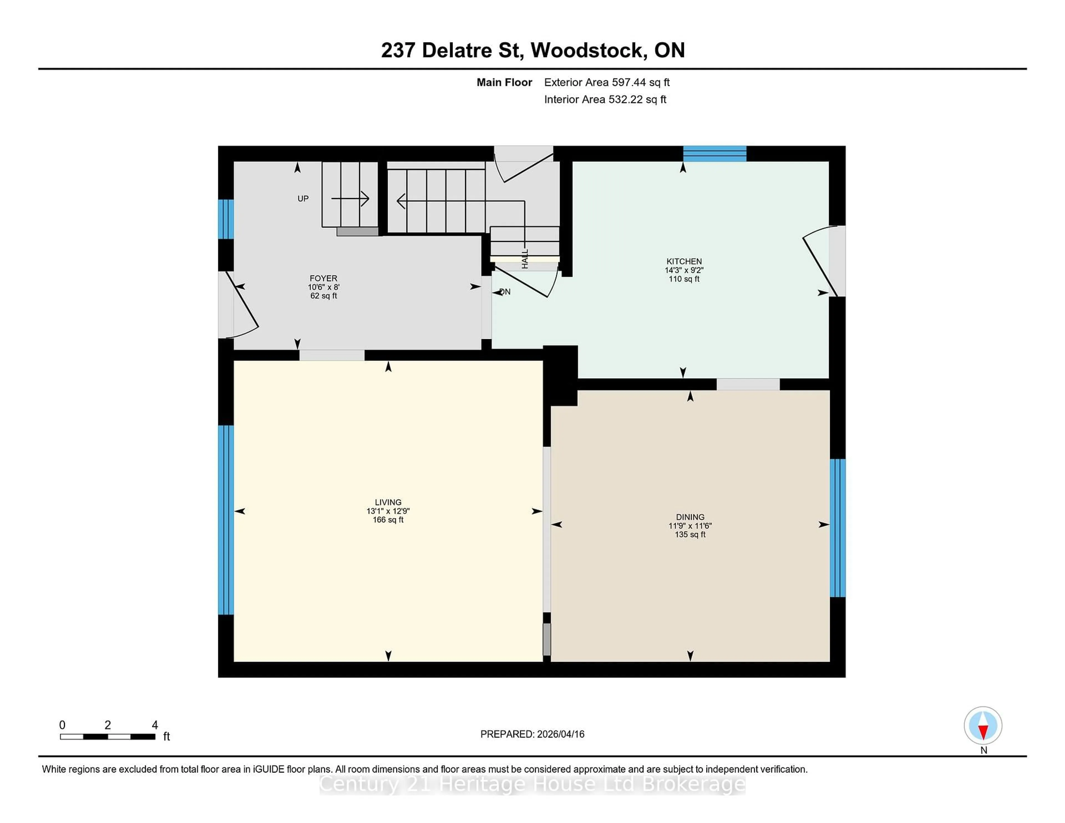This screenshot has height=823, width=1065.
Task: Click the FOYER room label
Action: tap(323, 278)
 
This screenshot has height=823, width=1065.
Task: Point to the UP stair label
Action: tap(303, 199)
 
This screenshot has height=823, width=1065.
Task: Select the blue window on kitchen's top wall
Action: tap(714, 154)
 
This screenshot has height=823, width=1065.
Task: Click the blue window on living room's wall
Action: tap(226, 520)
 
